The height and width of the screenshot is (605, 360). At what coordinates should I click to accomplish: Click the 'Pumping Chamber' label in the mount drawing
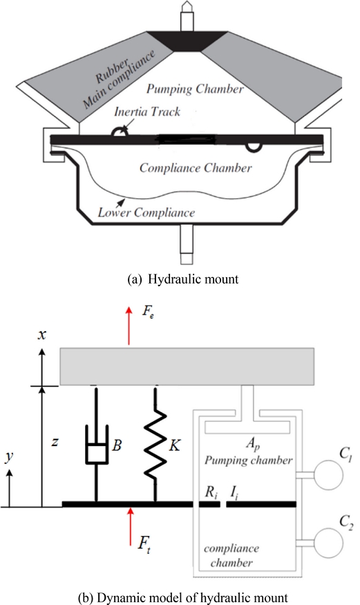[195, 89]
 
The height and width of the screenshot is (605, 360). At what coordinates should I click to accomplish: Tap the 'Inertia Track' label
[147, 112]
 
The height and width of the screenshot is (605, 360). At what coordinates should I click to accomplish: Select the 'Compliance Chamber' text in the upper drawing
[196, 168]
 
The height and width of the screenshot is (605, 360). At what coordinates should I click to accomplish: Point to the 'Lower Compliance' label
[146, 212]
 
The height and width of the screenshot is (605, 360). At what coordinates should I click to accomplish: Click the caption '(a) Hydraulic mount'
[182, 279]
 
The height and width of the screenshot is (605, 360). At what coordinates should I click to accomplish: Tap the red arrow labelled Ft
[131, 527]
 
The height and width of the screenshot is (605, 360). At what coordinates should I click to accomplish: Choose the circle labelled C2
[329, 543]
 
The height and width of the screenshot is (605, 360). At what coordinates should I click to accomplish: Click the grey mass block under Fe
[187, 366]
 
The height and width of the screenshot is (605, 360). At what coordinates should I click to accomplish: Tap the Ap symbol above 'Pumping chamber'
[253, 444]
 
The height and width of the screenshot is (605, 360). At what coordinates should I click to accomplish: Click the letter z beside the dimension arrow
[55, 441]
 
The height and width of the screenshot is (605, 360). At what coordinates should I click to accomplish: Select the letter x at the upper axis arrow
[41, 334]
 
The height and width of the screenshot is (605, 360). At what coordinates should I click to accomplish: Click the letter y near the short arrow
[9, 456]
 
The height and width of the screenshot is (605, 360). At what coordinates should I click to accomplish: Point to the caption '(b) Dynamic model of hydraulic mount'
[182, 597]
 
